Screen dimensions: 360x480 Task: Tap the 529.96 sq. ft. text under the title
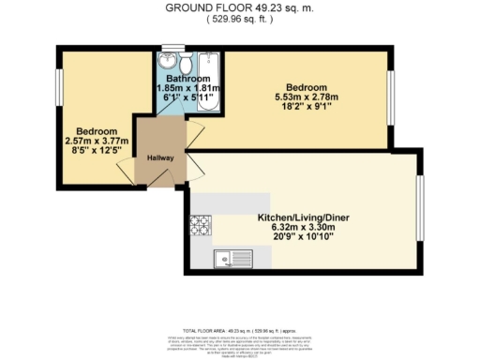(x=239, y=20)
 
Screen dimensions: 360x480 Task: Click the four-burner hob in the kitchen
(x=200, y=225)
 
